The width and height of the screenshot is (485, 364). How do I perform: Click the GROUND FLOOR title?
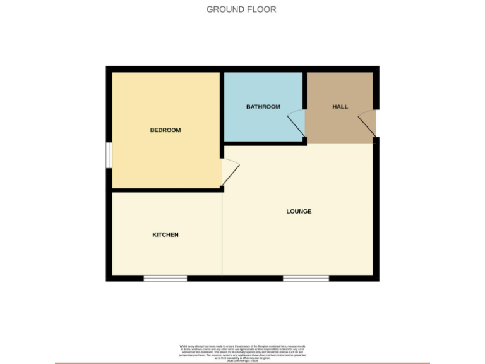[241, 9]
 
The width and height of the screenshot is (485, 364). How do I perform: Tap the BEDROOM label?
[165, 130]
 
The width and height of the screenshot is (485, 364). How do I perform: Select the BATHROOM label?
[263, 107]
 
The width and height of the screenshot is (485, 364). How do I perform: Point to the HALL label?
[340, 107]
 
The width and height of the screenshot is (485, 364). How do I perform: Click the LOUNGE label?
[299, 211]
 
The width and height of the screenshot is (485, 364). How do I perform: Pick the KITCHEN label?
[165, 234]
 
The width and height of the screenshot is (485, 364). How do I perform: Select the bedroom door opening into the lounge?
[231, 170]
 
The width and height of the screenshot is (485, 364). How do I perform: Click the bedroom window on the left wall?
[109, 155]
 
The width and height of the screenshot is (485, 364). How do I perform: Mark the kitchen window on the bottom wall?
[165, 278]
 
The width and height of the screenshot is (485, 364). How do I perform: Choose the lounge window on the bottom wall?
[306, 278]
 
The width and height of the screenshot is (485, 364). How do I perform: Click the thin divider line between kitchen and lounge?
[222, 234]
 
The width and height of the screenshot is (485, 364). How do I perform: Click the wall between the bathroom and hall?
[304, 95]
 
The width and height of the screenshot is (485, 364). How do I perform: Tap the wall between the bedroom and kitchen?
[165, 189]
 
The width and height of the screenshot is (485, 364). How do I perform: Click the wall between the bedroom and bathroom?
[222, 107]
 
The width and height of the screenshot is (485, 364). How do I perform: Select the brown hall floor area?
[341, 126]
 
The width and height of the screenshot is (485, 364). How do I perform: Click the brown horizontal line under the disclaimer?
[242, 363]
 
